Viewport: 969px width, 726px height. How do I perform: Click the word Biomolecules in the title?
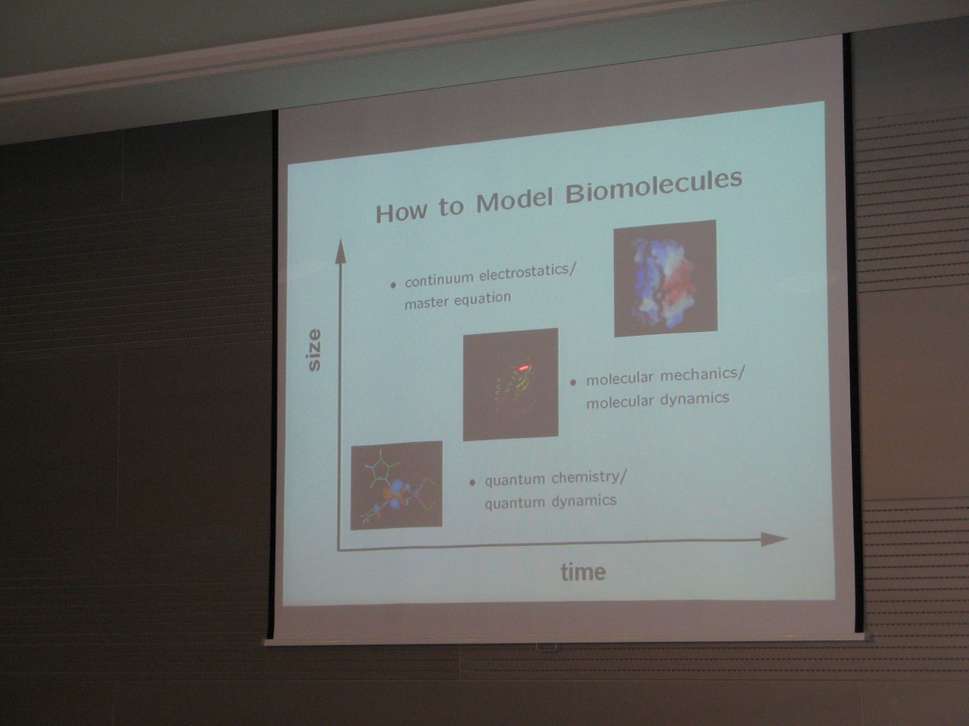(x=654, y=188)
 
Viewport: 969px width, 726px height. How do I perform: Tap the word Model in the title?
(x=514, y=201)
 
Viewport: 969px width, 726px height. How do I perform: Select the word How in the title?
(x=400, y=211)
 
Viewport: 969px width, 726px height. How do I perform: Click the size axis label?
(x=314, y=350)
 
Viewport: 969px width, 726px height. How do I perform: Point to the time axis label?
(x=583, y=572)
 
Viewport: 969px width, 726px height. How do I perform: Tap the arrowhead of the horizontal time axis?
(x=774, y=539)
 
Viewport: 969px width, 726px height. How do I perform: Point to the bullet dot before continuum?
(x=393, y=286)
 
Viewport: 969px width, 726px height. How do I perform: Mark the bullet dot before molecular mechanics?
(x=574, y=383)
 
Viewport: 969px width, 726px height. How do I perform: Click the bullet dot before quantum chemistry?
(x=472, y=482)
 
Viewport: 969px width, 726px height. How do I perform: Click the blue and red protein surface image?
(x=665, y=278)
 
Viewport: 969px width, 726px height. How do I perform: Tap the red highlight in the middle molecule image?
(x=524, y=368)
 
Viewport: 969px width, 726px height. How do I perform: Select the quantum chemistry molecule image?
(x=397, y=486)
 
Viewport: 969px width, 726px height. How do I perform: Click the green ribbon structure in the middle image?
(x=513, y=384)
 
